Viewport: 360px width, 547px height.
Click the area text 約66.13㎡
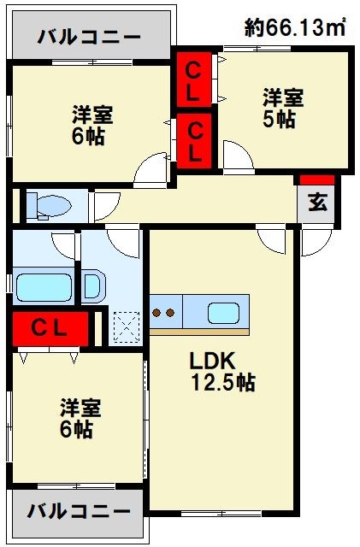[294, 27]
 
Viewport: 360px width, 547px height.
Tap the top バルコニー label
[89, 38]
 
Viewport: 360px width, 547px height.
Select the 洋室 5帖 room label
[280, 109]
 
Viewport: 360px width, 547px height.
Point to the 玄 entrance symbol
[316, 203]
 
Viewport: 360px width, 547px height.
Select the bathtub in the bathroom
[43, 284]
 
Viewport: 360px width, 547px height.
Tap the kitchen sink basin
[223, 313]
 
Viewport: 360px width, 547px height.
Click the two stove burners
[163, 313]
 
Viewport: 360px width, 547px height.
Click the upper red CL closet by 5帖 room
[194, 77]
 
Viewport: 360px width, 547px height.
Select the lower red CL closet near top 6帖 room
[195, 141]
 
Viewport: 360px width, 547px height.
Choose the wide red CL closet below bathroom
[50, 327]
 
